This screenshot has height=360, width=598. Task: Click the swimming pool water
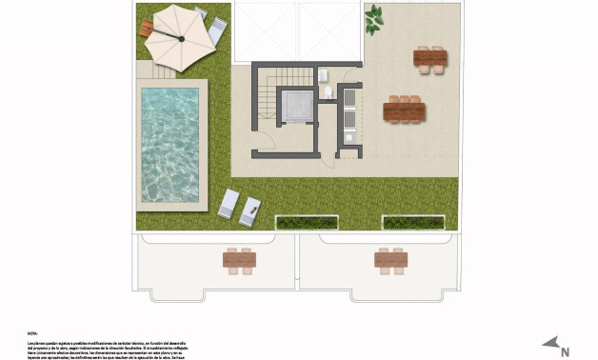169,144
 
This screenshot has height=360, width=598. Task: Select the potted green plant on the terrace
375,16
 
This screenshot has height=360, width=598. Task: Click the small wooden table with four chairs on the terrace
430,60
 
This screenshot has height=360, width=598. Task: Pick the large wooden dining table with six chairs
404,110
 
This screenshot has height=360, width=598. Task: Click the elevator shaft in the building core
295,107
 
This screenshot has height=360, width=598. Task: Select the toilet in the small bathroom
328,92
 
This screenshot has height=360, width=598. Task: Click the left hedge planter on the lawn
308,222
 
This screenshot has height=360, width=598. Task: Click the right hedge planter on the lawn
412,222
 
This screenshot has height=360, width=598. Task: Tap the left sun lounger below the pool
229,204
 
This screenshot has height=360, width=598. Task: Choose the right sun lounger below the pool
249,210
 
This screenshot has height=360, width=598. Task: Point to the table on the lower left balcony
239,259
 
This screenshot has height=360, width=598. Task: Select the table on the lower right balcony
390,259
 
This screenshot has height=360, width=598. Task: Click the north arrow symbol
549,342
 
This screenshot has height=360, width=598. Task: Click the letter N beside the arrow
565,351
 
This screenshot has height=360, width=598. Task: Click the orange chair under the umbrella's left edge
147,29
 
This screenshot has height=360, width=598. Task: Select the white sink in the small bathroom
324,74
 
